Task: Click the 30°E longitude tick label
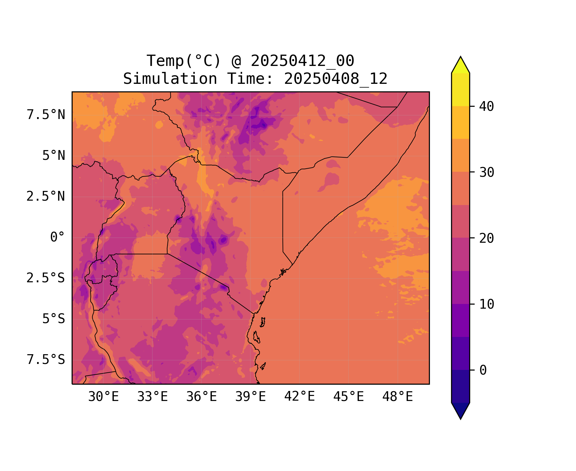pos(103,397)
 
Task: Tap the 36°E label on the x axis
pos(201,397)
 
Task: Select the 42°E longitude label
pos(299,397)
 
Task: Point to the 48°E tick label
pos(398,397)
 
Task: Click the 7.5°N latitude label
pos(46,115)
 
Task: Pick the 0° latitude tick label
pos(57,237)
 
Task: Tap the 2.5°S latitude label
pos(46,278)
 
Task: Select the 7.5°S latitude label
pos(46,360)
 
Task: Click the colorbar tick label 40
pos(486,106)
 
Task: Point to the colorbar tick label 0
pos(483,370)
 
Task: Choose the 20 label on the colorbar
pos(486,238)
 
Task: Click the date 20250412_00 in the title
pos(302,61)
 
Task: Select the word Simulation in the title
pos(170,79)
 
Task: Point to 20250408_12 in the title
pos(336,79)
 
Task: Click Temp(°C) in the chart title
pos(184,61)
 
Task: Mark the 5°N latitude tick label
pos(53,156)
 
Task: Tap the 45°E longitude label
pos(348,397)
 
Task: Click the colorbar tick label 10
pos(486,304)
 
